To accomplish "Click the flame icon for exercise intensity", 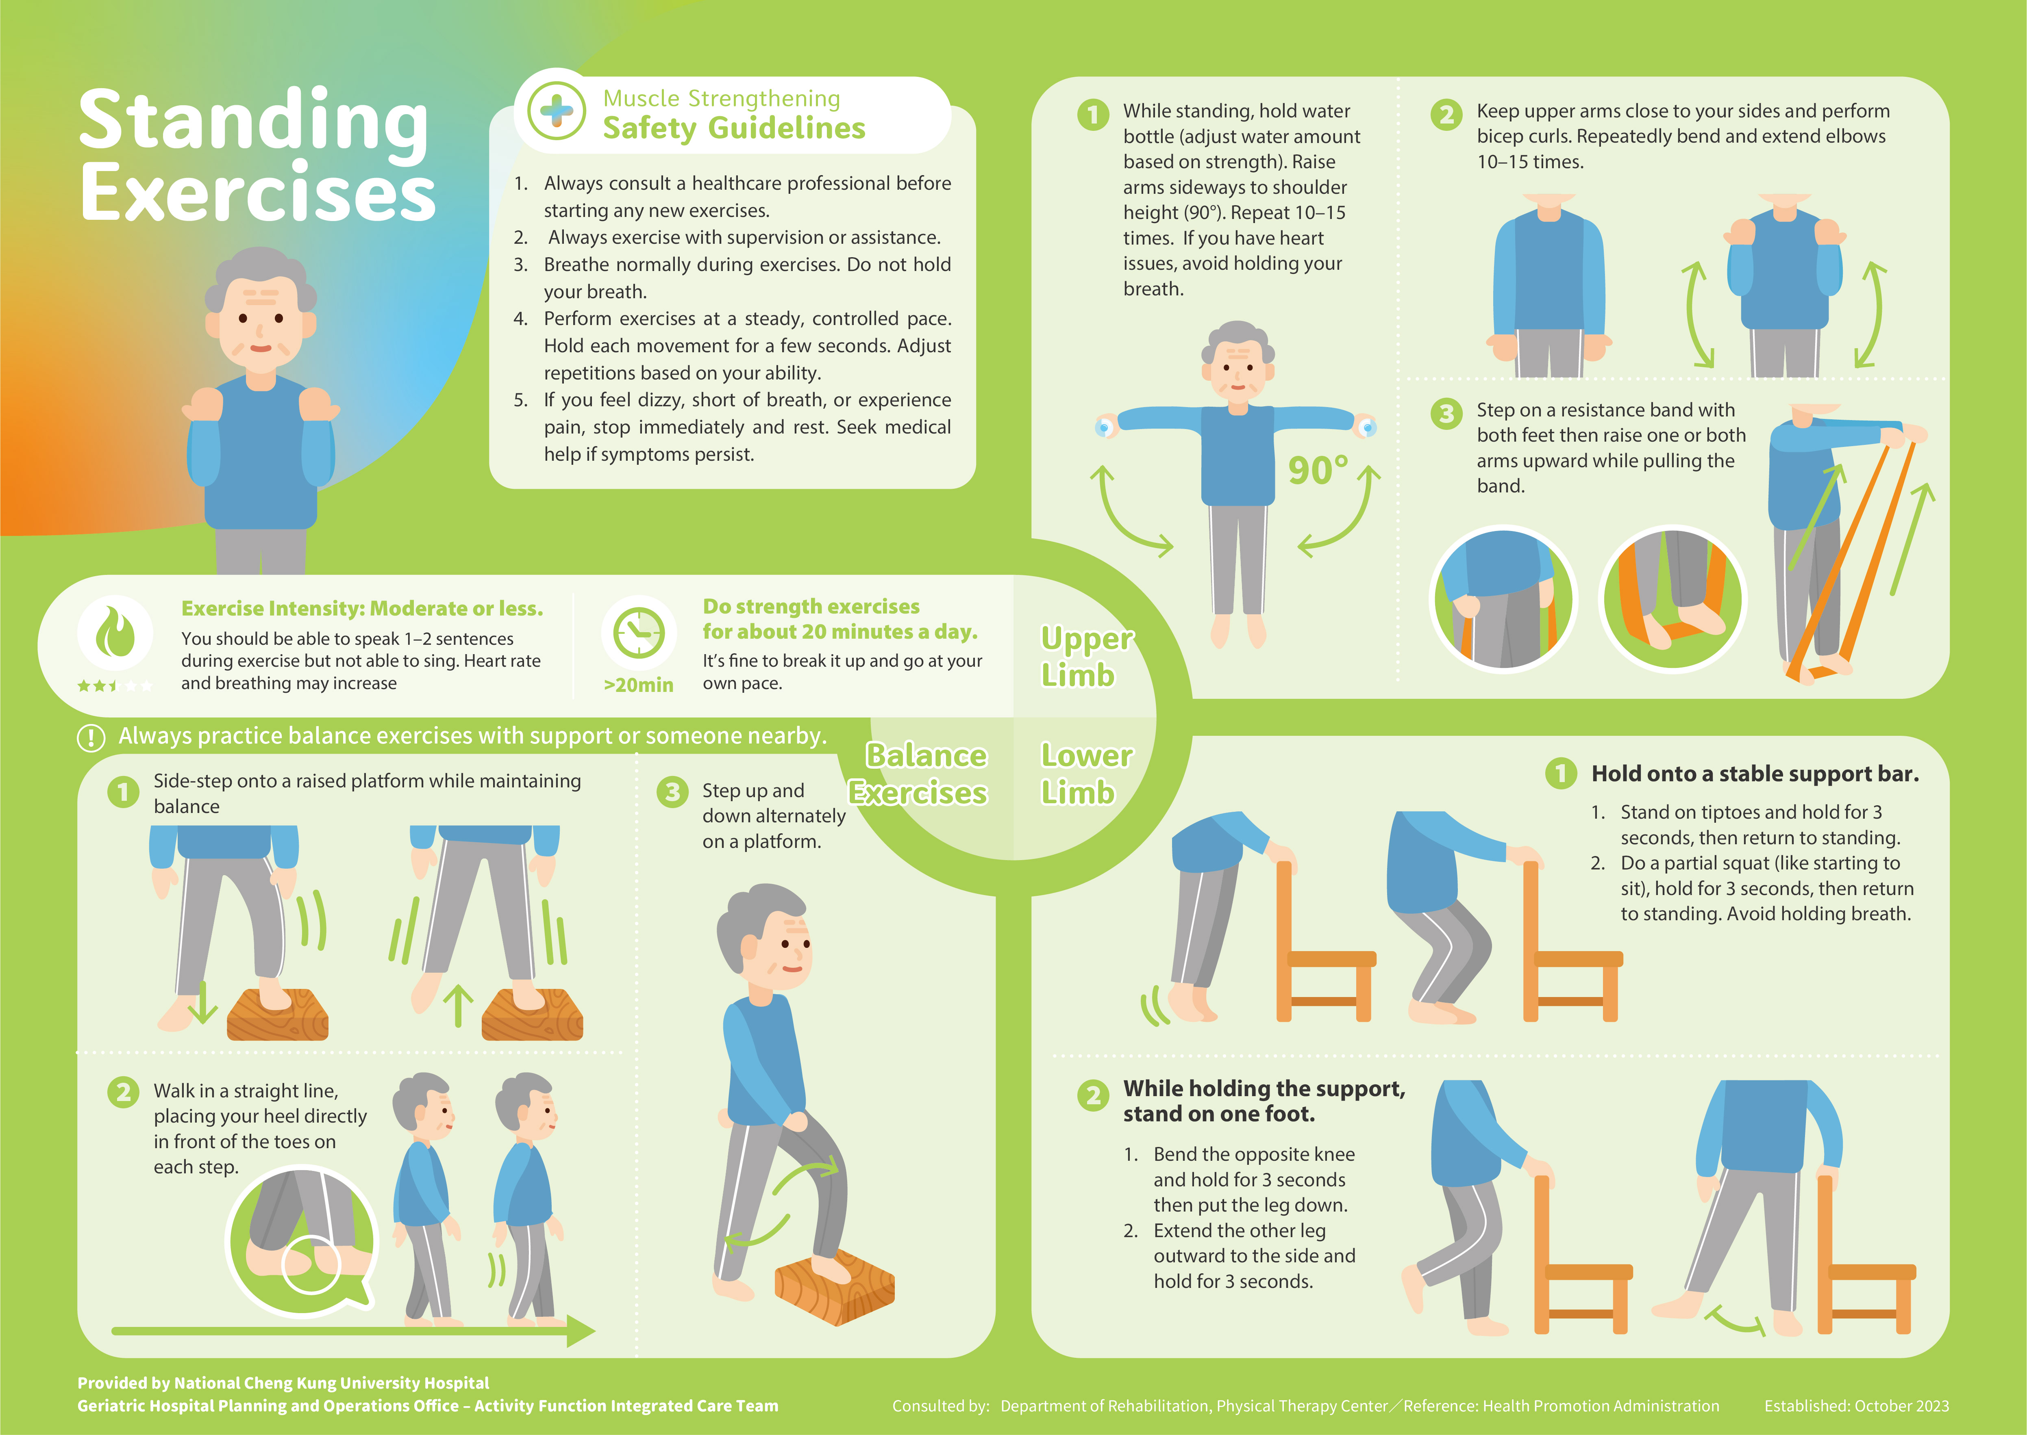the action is [x=115, y=633].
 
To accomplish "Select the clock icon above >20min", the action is [x=638, y=633].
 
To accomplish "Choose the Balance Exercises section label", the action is [x=919, y=774].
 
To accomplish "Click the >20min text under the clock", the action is [x=638, y=685].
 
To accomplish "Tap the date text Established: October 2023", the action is [x=1856, y=1406].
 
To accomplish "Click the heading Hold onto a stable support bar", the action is [x=1755, y=774].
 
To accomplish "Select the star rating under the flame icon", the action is [x=115, y=686].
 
